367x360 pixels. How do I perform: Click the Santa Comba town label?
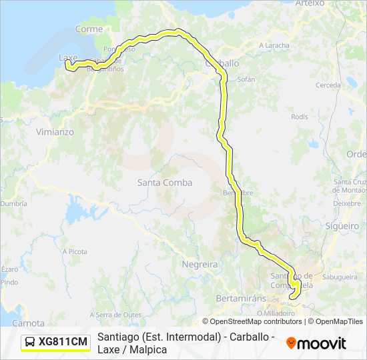165,183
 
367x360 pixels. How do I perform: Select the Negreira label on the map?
200,265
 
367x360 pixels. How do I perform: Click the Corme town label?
89,29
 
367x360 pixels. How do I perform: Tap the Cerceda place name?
328,85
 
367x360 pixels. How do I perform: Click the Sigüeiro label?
346,226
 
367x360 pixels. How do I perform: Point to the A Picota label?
74,251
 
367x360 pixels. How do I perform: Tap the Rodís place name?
300,117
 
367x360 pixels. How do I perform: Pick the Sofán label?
246,79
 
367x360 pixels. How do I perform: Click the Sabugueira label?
340,275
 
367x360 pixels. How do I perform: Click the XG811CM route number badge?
63,342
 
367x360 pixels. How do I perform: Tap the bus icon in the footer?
31,342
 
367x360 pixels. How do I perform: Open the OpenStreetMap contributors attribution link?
252,321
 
